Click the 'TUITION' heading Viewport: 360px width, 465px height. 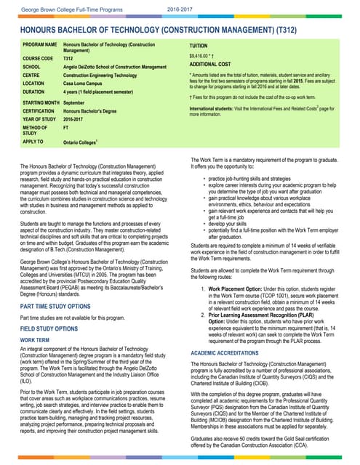(x=201, y=45)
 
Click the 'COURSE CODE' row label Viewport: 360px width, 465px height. (x=38, y=58)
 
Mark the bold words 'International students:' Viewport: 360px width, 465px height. (x=215, y=108)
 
